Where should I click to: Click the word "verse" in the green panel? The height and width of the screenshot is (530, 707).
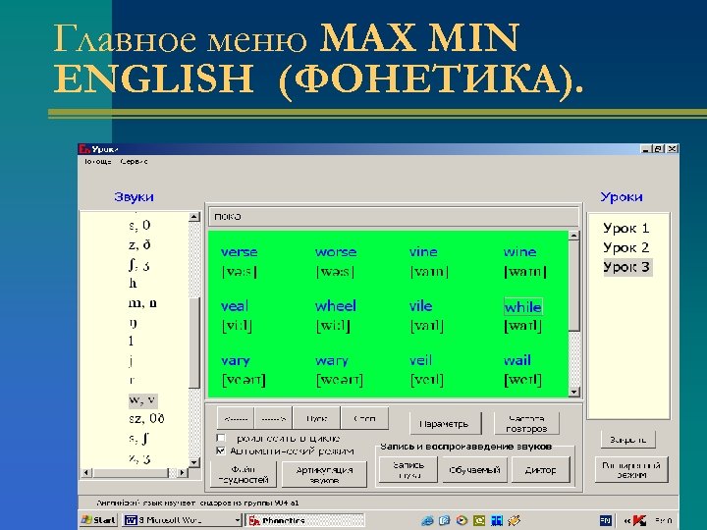pyautogui.click(x=239, y=252)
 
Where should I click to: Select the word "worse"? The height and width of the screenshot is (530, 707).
pyautogui.click(x=336, y=252)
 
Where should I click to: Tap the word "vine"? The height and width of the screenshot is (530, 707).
pyautogui.click(x=423, y=252)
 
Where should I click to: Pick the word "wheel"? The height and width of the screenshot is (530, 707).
pyautogui.click(x=336, y=306)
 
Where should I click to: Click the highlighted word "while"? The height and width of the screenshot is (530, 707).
pyautogui.click(x=522, y=307)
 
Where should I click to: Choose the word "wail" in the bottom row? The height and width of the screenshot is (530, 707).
pyautogui.click(x=517, y=360)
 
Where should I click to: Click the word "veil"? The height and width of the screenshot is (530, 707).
pyautogui.click(x=420, y=360)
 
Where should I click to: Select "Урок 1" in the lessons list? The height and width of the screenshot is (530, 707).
pyautogui.click(x=625, y=228)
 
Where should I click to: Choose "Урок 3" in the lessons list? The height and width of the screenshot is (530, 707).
pyautogui.click(x=625, y=267)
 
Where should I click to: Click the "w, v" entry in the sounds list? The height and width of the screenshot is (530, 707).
pyautogui.click(x=142, y=399)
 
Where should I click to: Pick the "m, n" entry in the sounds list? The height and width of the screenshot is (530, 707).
pyautogui.click(x=142, y=303)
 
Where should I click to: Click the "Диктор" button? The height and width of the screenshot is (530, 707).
pyautogui.click(x=540, y=470)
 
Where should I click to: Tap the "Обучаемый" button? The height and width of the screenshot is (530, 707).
pyautogui.click(x=474, y=470)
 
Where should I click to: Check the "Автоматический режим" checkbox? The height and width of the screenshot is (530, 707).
pyautogui.click(x=221, y=451)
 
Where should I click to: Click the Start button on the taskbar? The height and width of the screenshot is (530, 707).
pyautogui.click(x=99, y=520)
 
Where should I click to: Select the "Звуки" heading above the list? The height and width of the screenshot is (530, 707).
pyautogui.click(x=134, y=197)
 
